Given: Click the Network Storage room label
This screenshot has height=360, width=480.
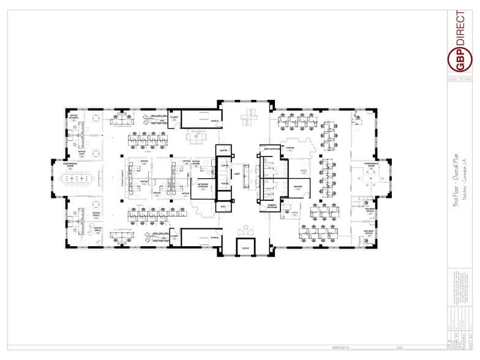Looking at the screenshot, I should (x=202, y=184).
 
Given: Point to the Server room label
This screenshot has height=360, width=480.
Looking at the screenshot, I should (x=298, y=187).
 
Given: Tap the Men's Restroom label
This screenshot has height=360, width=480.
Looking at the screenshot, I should (x=271, y=149).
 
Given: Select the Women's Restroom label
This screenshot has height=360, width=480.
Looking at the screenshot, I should (x=271, y=207).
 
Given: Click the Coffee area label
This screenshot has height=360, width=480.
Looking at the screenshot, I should (x=290, y=148).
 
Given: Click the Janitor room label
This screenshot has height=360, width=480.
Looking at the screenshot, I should (x=223, y=149).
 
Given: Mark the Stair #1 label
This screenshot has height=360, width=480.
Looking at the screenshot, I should (x=215, y=122).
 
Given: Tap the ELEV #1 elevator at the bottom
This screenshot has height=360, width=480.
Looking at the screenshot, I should (x=246, y=247).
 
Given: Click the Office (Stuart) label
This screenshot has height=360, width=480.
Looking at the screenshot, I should (x=74, y=116).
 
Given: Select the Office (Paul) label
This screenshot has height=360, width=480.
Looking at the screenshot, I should (x=96, y=215).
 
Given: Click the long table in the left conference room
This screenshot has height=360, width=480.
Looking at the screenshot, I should (x=78, y=178).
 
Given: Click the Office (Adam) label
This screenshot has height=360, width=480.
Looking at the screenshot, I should (x=196, y=163).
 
